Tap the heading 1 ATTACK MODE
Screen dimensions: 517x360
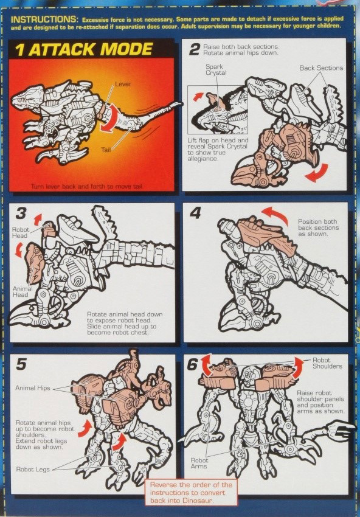pyautogui.click(x=82, y=49)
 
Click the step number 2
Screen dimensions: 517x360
pyautogui.click(x=194, y=49)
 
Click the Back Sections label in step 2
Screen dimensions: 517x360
pyautogui.click(x=321, y=68)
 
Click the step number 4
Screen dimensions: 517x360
pyautogui.click(x=195, y=213)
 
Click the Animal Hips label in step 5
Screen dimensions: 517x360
pyautogui.click(x=33, y=387)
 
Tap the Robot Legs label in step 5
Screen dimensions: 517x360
pyautogui.click(x=33, y=469)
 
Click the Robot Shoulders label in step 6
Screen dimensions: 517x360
pyautogui.click(x=327, y=363)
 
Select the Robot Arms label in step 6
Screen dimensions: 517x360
pyautogui.click(x=200, y=463)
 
